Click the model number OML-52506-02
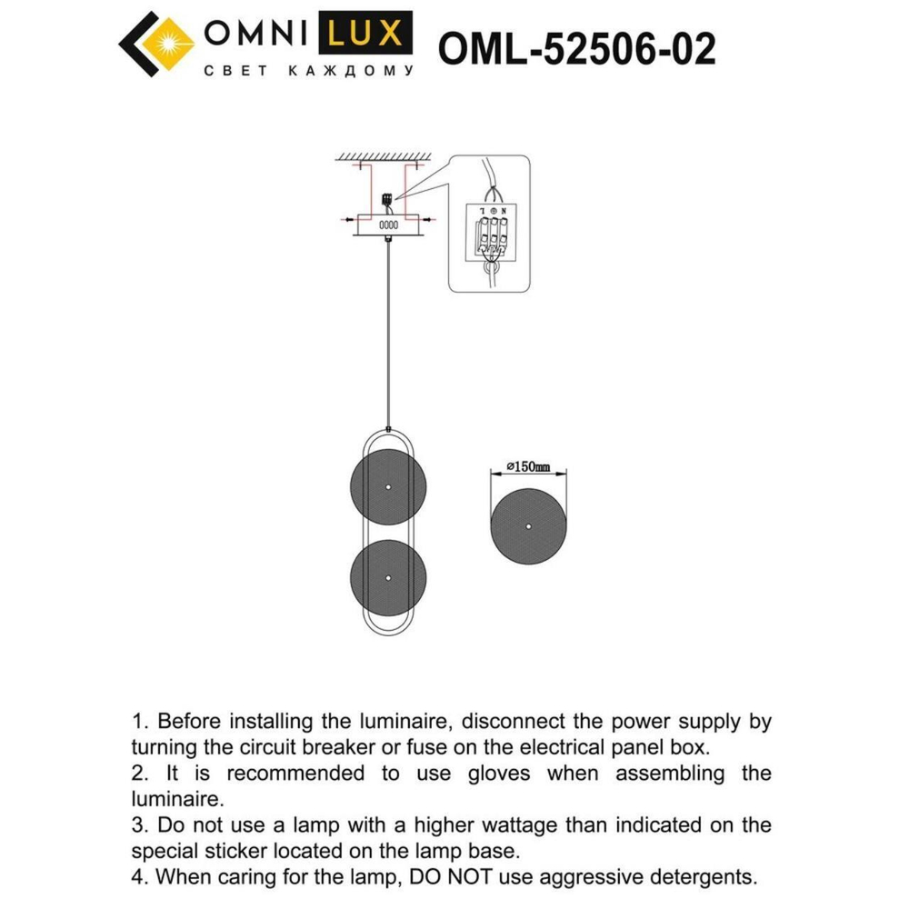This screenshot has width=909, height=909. [x=576, y=48]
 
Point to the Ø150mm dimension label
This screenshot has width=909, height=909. [x=528, y=467]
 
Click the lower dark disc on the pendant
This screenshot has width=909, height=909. [x=388, y=578]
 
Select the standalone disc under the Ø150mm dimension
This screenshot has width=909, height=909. [x=528, y=527]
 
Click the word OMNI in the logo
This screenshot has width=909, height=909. [x=256, y=35]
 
